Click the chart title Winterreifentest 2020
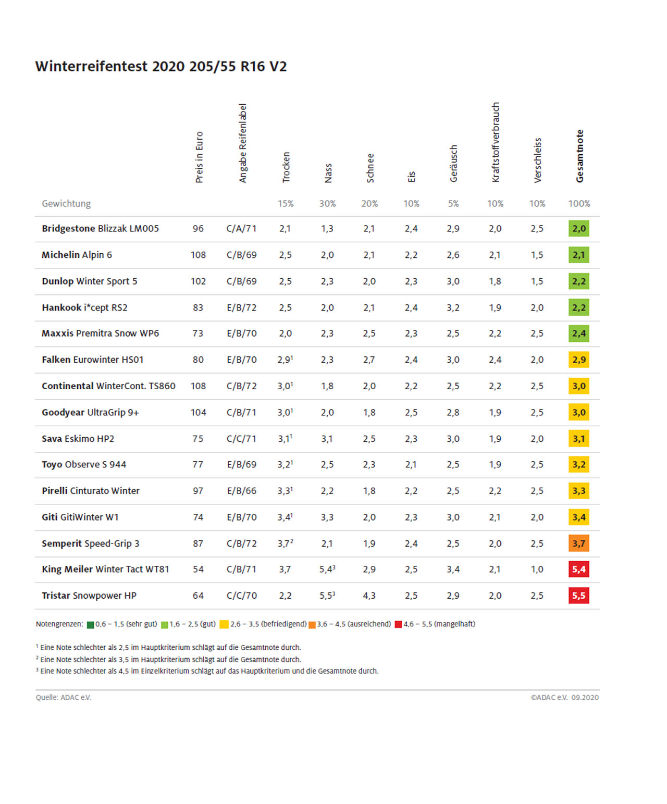coord(161,67)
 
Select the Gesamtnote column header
coord(579,156)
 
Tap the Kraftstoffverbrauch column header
coord(496,142)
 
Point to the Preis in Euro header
coord(199,157)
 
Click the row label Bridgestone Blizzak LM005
coord(100,229)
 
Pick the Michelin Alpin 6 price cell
coord(198,255)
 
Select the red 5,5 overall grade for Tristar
coord(579,596)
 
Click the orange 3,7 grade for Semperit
coord(579,543)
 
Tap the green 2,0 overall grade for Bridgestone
coord(579,229)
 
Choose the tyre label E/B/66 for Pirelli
coord(242,491)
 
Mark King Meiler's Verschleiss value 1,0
coord(537,570)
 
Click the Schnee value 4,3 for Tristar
coord(369,596)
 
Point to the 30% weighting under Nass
coord(327,204)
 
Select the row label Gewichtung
coord(66,204)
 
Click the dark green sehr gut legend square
coord(91,625)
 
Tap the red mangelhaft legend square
coord(398,625)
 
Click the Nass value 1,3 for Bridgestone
coord(327,229)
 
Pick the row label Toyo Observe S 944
coord(84,465)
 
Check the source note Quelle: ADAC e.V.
coord(64,698)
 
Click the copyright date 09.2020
coord(585,698)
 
